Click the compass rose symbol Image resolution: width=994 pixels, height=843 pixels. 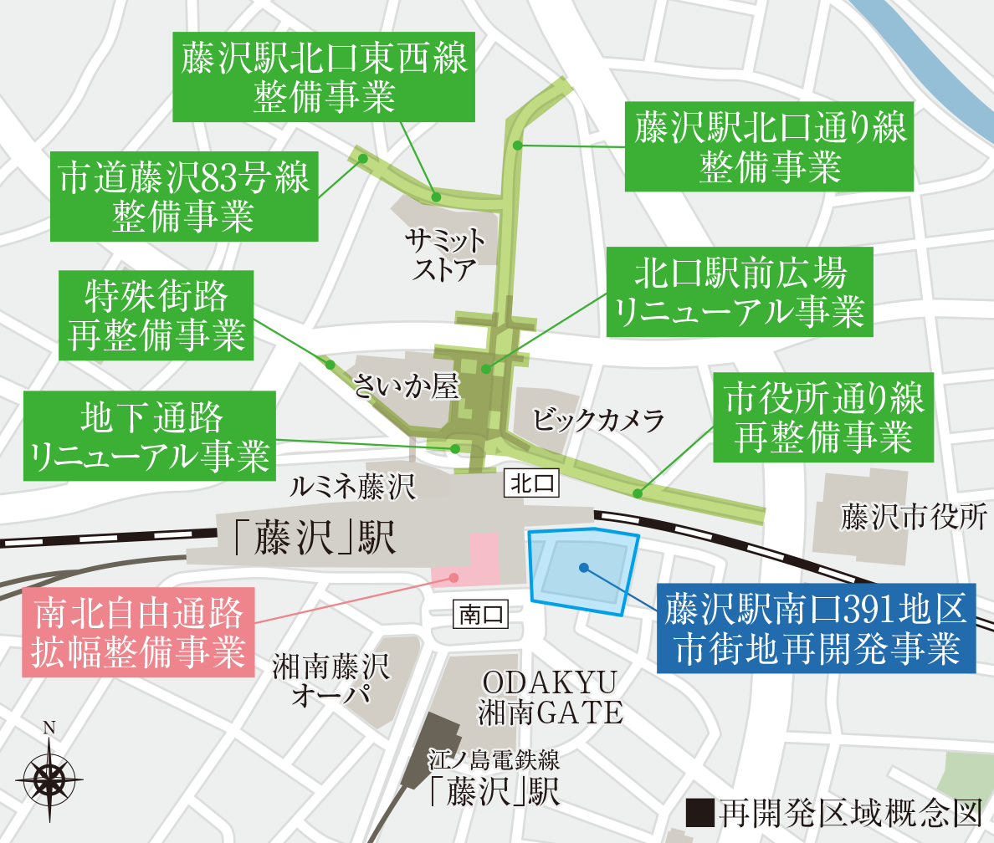click(x=49, y=777)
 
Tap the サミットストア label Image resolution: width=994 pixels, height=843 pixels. click(x=444, y=256)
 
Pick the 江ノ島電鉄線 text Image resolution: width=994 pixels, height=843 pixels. click(x=492, y=760)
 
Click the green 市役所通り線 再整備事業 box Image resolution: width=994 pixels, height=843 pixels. click(x=823, y=417)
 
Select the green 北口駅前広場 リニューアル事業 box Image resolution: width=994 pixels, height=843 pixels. click(x=740, y=292)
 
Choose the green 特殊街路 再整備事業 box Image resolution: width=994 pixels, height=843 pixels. click(x=156, y=314)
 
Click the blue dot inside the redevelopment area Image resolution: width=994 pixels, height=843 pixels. click(x=583, y=568)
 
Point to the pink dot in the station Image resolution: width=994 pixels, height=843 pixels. click(x=453, y=577)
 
